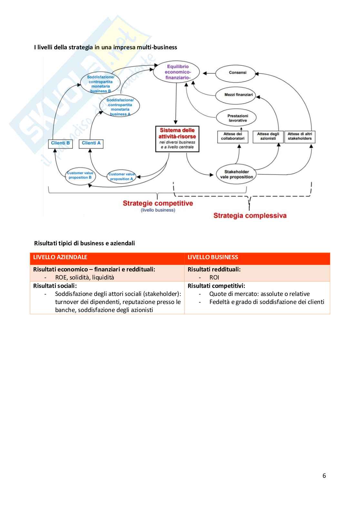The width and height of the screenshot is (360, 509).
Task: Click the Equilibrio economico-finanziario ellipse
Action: pos(176,72)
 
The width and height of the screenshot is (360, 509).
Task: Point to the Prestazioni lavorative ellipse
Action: pos(237,118)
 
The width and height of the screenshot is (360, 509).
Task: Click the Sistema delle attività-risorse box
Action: pos(177,139)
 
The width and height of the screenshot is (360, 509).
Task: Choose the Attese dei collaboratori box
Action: pos(233,136)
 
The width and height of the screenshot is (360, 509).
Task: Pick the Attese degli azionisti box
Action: pos(268,136)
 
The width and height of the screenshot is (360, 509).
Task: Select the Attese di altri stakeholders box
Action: pos(300,136)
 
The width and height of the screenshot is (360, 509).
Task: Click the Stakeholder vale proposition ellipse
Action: pos(236,174)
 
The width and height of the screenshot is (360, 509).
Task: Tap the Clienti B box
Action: pos(60,143)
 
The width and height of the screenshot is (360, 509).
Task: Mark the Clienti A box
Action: pos(91,143)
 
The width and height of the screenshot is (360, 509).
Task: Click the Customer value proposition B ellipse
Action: pos(80,176)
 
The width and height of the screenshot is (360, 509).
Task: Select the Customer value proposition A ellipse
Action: pos(121,177)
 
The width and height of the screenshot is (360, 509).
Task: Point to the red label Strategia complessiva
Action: pos(250,216)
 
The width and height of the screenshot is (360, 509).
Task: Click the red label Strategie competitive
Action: pos(158,203)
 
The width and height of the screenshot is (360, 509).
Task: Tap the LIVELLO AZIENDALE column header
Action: pos(60,257)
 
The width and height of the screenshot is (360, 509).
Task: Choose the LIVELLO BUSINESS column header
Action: pos(213,257)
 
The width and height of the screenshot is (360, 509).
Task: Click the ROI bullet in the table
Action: pos(214,278)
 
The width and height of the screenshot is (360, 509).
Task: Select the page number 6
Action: pos(324,476)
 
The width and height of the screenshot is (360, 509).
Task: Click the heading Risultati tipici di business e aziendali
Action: pos(85,243)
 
